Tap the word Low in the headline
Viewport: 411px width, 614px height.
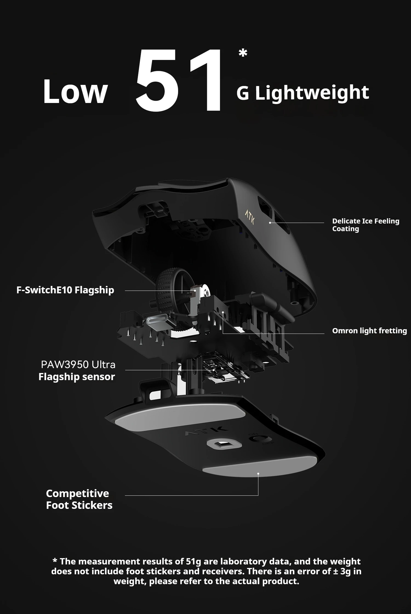click(75, 91)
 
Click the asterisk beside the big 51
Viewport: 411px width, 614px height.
click(243, 53)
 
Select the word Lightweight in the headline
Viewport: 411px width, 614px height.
click(312, 93)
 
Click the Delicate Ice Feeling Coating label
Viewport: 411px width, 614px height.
click(366, 225)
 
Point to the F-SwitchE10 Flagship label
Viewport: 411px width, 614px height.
click(65, 290)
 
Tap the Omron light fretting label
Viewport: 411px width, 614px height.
click(369, 331)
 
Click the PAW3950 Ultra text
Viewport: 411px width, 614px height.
click(78, 365)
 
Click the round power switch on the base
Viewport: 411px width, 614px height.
click(257, 438)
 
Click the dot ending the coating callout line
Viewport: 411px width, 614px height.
click(270, 223)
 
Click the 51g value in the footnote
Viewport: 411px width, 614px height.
click(193, 561)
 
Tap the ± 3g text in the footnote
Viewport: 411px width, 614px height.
click(342, 571)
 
